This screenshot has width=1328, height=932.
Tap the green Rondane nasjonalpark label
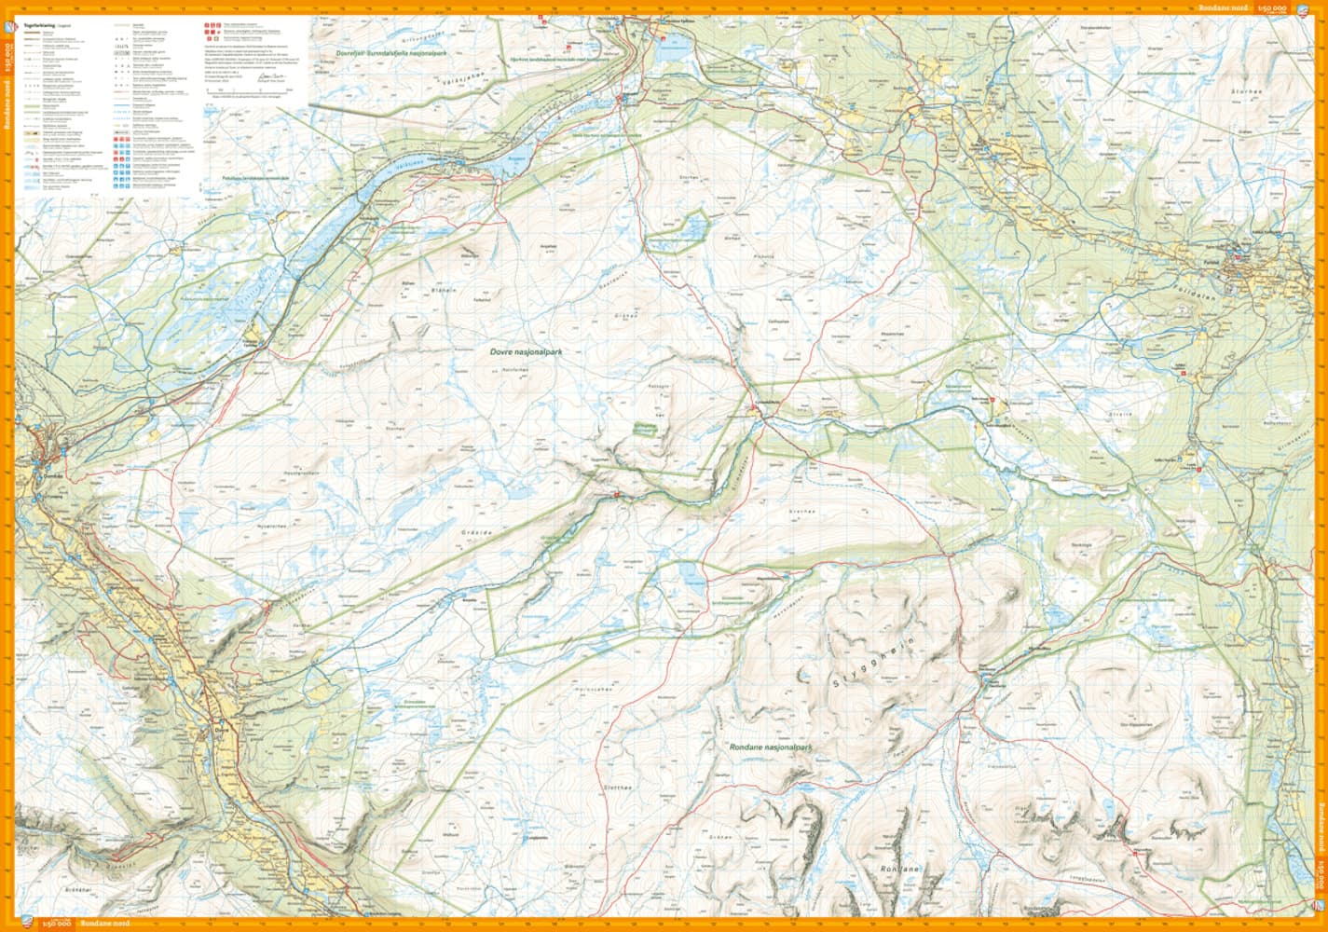(767, 747)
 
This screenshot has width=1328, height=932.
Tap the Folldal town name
(1239, 264)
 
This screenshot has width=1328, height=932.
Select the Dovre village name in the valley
(221, 705)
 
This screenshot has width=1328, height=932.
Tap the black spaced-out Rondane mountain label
(899, 869)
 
